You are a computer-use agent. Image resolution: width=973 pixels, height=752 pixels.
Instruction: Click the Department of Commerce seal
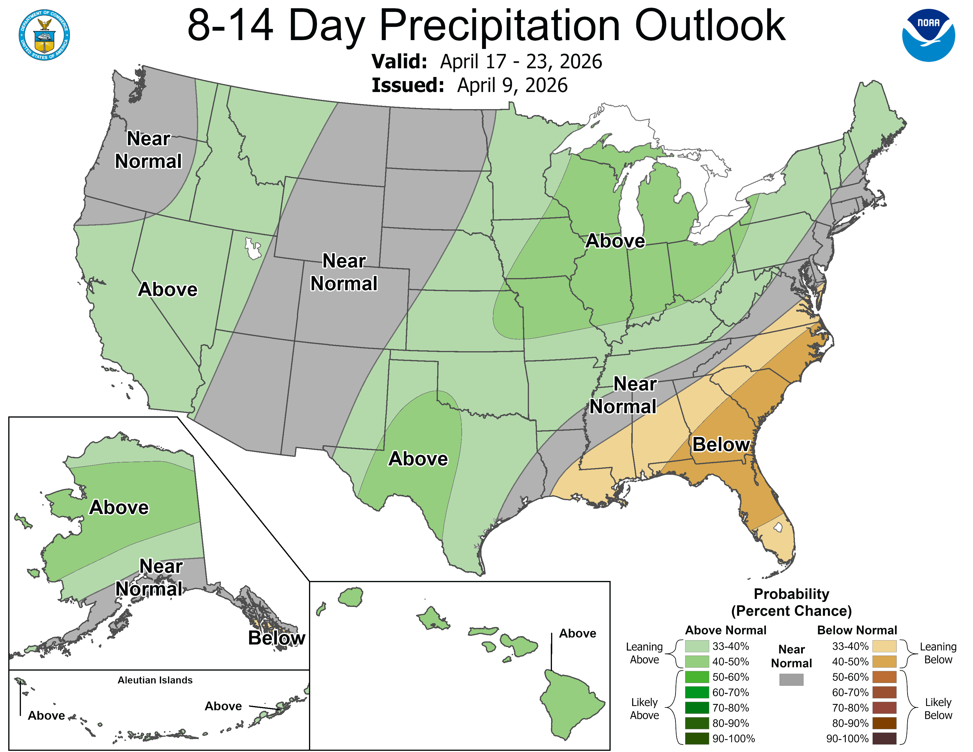point(44,35)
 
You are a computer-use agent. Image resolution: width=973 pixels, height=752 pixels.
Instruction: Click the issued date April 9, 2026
point(512,86)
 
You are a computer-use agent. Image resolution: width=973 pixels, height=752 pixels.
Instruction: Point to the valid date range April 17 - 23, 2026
point(521,61)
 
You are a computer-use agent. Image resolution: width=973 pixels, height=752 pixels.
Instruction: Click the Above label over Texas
point(418,459)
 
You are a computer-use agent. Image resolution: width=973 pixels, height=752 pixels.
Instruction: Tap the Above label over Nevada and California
point(167,290)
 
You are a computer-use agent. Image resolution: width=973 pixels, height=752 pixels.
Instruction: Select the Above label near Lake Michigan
point(615,241)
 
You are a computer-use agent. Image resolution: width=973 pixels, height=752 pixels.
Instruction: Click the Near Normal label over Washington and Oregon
point(148,150)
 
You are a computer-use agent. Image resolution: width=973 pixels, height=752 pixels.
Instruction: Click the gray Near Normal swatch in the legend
point(791,679)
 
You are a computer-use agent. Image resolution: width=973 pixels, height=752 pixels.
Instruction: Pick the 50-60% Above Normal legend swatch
point(697,677)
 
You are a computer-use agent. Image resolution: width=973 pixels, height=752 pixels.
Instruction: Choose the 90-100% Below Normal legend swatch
point(884,739)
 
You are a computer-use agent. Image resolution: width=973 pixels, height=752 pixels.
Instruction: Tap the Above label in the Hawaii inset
point(577,633)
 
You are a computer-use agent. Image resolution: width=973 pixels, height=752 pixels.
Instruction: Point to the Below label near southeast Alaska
point(276,638)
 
